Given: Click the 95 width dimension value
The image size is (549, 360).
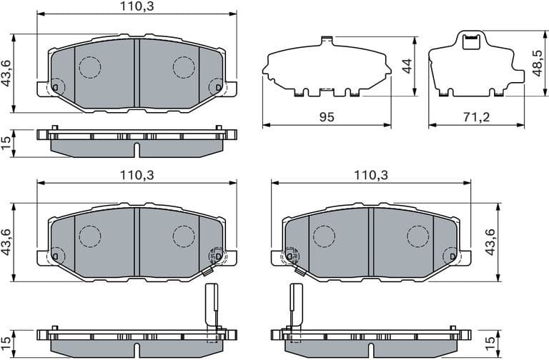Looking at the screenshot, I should click(327, 116).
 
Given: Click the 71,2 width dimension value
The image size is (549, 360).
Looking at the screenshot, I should click(475, 116).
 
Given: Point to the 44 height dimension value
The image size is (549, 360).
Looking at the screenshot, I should click(407, 66).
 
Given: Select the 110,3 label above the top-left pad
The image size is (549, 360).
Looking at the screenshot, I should click(137, 6).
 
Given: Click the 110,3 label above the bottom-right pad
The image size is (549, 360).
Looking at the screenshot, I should click(371, 174).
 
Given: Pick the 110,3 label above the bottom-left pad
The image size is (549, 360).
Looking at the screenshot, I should click(137, 174).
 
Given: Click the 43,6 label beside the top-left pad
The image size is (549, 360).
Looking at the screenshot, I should click(6, 72).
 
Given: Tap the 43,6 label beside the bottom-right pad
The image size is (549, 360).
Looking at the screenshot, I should click(490, 241).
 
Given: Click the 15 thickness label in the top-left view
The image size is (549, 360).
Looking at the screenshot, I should click(6, 143).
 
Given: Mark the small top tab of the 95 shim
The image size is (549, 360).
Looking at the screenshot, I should click(327, 39).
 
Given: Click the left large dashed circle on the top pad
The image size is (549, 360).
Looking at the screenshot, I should click(90, 67).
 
